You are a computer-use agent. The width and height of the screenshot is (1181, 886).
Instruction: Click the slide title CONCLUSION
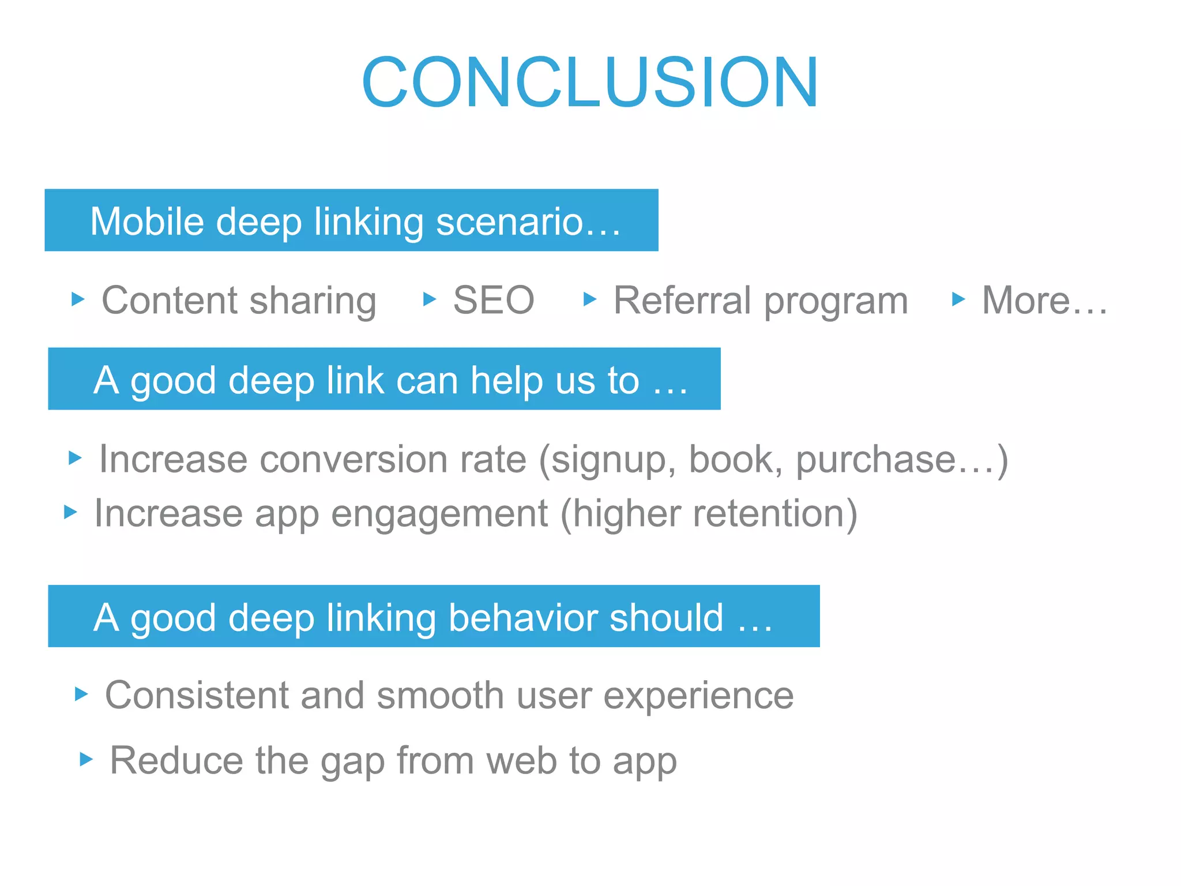click(589, 82)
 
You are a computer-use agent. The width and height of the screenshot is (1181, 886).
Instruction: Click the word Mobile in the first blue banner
click(147, 221)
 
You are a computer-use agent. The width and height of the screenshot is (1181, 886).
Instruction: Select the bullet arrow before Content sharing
click(77, 299)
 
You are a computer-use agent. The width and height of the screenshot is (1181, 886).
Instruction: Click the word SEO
click(494, 301)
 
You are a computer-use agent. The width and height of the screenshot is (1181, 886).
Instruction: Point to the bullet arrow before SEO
click(429, 299)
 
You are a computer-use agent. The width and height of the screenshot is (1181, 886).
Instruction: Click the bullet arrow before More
click(958, 299)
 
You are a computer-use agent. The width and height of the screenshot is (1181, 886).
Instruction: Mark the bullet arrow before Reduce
click(86, 759)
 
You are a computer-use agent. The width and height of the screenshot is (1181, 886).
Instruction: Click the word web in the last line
click(521, 760)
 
